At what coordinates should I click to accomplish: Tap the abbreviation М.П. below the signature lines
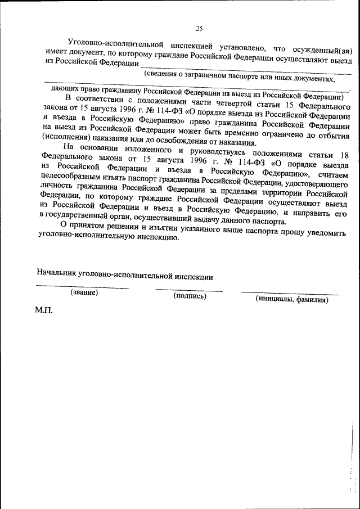click(x=43, y=310)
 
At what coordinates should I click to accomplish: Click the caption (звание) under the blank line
click(x=84, y=292)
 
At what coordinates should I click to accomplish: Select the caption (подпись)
click(x=190, y=296)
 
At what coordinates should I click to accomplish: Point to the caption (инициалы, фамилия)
click(x=292, y=299)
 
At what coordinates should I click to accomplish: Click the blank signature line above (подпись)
click(x=189, y=290)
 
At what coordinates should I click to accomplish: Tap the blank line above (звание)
click(x=83, y=287)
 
